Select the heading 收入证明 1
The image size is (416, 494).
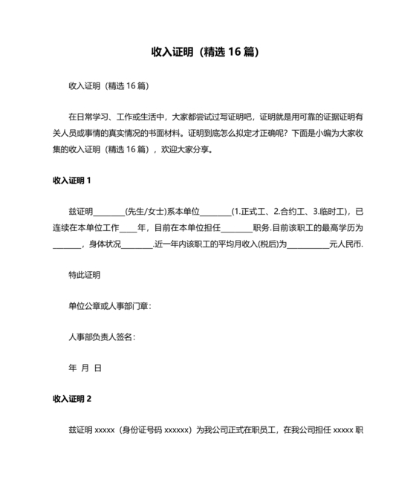(72, 181)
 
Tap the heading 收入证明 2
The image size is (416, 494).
(72, 399)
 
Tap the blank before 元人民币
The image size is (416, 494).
(308, 245)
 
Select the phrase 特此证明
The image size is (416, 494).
(84, 275)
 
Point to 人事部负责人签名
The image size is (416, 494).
(101, 337)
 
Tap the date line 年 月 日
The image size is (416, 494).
(85, 368)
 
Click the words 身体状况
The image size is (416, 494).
(103, 244)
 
